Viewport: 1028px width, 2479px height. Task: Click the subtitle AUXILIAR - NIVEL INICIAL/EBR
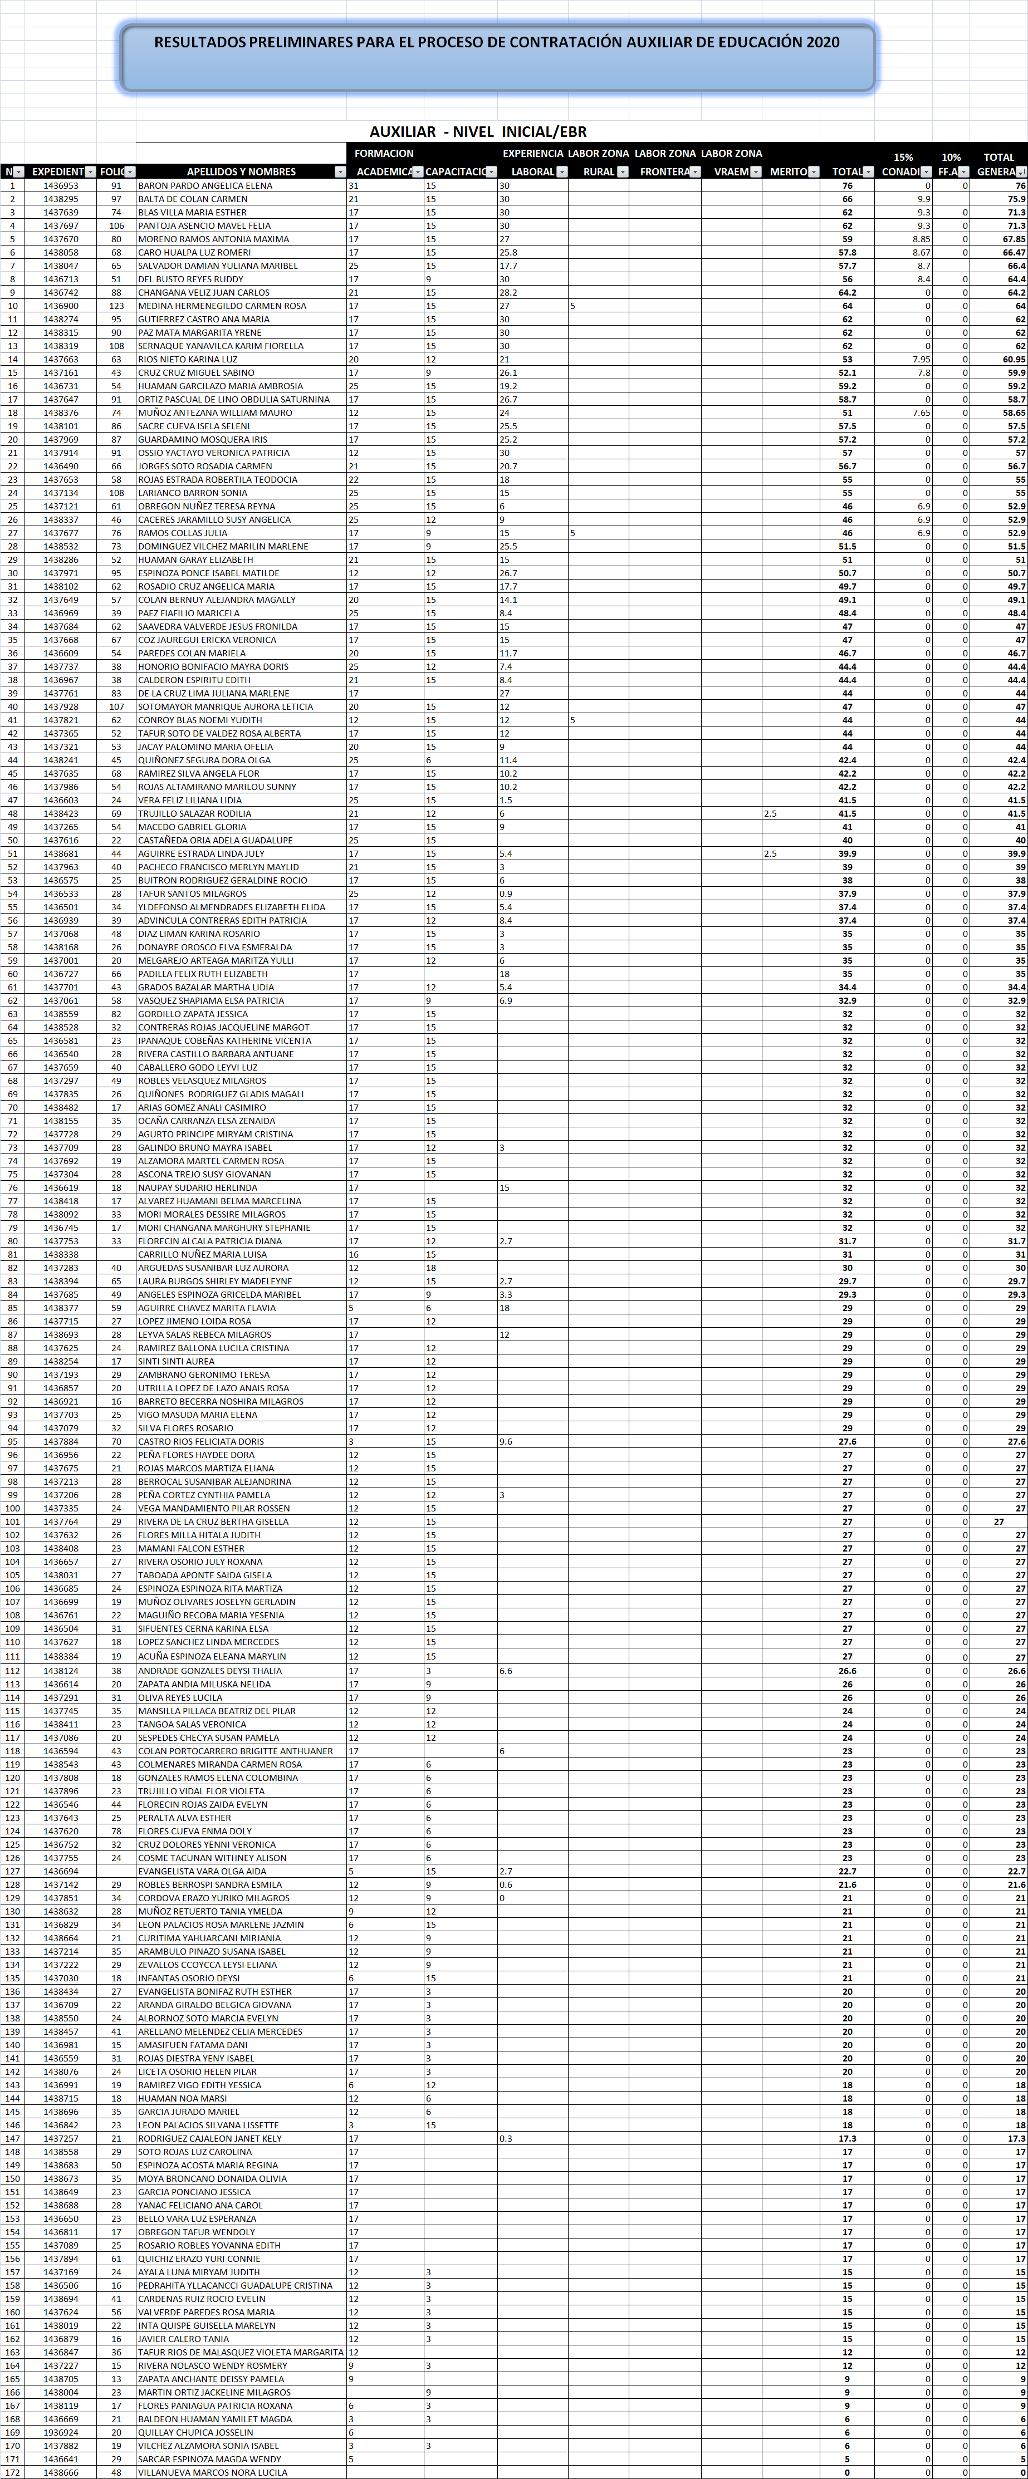478,132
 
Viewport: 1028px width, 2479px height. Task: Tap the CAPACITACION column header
456,172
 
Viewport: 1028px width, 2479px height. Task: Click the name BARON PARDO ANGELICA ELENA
205,186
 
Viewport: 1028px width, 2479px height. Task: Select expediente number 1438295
61,199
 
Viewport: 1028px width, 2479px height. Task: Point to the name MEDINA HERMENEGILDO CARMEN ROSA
222,306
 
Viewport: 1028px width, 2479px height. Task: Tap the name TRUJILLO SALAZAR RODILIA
194,813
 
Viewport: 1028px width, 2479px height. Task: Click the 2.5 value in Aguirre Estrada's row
770,853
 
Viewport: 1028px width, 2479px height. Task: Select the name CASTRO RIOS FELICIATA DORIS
200,1442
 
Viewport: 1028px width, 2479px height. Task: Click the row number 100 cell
12,1508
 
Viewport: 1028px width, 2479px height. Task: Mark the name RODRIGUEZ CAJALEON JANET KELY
210,2138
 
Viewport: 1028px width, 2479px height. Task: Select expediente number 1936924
61,2432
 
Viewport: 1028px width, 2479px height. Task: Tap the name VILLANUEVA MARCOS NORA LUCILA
212,2472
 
